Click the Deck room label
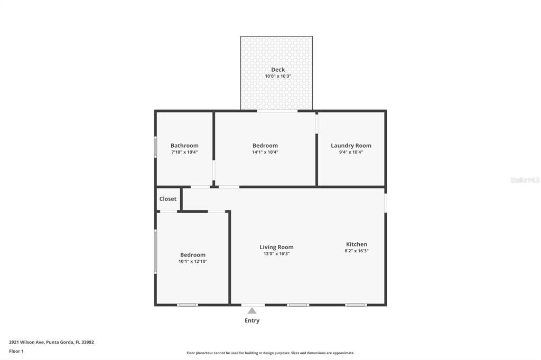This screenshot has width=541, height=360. tap(278, 70)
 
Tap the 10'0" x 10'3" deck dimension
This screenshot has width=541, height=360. tap(278, 77)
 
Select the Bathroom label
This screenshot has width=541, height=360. tap(184, 146)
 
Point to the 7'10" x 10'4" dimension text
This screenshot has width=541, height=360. tap(184, 152)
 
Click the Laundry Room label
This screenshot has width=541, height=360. tap(351, 146)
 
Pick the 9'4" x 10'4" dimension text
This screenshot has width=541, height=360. tap(351, 152)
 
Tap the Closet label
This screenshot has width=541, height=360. tap(168, 199)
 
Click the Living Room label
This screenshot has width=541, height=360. tap(276, 247)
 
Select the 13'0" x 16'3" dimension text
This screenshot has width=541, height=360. tap(276, 254)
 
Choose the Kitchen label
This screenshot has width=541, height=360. tap(357, 244)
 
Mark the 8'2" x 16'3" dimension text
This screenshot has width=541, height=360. tap(357, 251)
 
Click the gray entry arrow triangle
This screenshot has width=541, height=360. tap(252, 311)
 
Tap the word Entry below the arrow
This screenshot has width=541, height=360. tap(252, 320)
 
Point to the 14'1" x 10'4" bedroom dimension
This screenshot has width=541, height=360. tap(265, 152)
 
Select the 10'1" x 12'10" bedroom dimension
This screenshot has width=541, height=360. tap(192, 261)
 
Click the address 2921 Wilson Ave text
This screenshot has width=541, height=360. tap(51, 342)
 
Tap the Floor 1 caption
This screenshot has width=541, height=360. tap(16, 351)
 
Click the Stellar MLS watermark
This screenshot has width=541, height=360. tap(525, 180)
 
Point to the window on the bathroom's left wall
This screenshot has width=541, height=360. tap(155, 147)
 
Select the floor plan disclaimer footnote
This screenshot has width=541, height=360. tap(270, 353)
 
